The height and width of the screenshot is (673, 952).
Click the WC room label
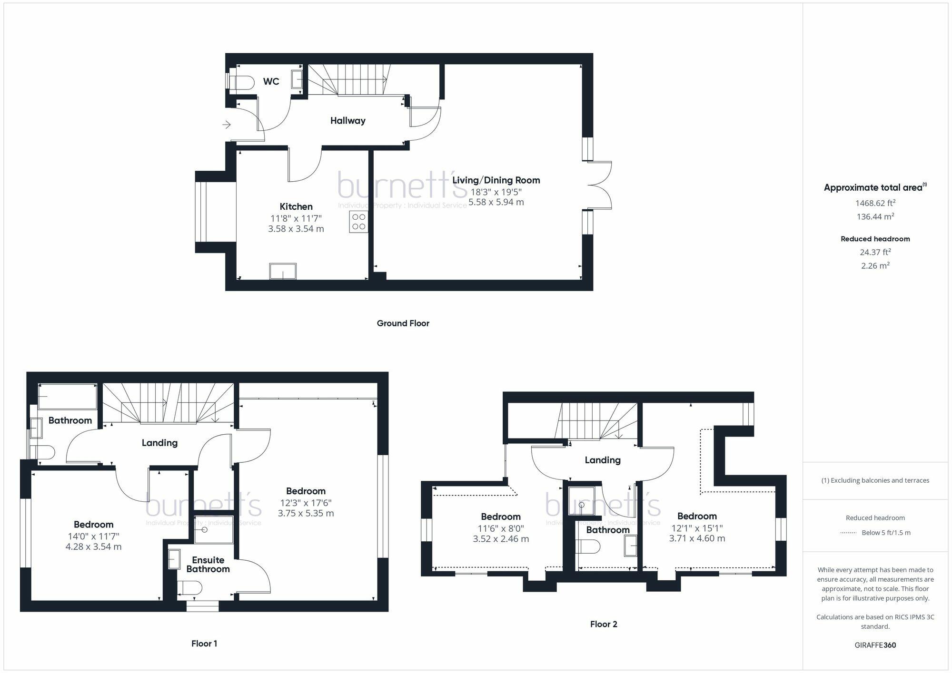click(x=271, y=81)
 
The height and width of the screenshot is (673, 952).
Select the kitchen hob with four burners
click(x=358, y=222)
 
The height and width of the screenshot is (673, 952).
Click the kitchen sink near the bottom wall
click(x=283, y=271)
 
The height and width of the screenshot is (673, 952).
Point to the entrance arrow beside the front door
click(x=227, y=125)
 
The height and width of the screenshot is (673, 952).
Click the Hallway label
click(x=347, y=121)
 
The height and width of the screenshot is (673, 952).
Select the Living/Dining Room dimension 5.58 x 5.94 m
click(x=496, y=202)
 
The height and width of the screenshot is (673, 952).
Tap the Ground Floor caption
click(x=403, y=323)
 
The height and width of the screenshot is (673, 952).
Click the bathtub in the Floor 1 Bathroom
click(x=68, y=397)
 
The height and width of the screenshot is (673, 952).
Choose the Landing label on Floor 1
click(x=159, y=443)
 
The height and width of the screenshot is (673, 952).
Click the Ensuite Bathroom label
click(x=208, y=565)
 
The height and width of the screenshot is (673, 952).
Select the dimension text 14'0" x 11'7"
click(x=93, y=536)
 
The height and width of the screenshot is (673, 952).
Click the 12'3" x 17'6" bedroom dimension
click(x=306, y=503)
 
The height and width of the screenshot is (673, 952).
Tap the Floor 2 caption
click(x=604, y=624)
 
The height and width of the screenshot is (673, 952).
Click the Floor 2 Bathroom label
click(x=608, y=530)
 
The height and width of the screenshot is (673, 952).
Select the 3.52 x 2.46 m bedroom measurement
click(x=501, y=539)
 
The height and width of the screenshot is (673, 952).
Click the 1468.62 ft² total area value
click(x=875, y=203)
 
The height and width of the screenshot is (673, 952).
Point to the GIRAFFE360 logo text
click(x=875, y=645)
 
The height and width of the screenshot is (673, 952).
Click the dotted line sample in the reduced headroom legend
click(x=848, y=533)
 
